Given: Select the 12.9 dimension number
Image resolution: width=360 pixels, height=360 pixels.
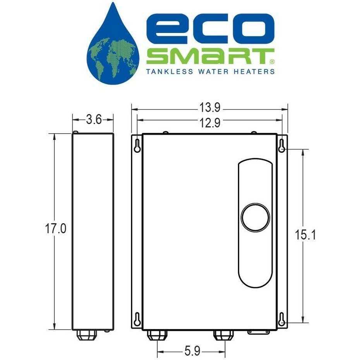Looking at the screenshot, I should click(210, 122).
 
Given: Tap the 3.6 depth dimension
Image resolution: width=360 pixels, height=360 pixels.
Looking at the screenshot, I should click(93, 120).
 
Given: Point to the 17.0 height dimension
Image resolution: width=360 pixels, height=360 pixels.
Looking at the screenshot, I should click(56, 229).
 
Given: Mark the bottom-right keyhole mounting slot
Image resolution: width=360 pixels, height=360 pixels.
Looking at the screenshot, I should click(282, 318).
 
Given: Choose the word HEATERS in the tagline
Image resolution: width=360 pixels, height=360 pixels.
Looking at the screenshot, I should click(257, 71).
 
